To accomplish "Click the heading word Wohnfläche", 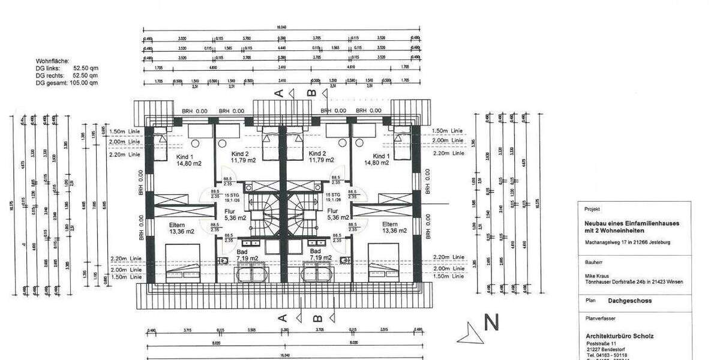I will pyautogui.click(x=53, y=61).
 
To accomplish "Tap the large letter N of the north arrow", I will pyautogui.click(x=491, y=323).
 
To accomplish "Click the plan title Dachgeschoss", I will pyautogui.click(x=629, y=301).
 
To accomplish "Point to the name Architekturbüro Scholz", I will pyautogui.click(x=619, y=335).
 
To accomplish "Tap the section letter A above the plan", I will pyautogui.click(x=278, y=92).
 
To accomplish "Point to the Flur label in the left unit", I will pyautogui.click(x=231, y=211).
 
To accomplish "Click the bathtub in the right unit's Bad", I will pyautogui.click(x=316, y=274).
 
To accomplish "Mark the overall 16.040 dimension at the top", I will pyautogui.click(x=280, y=28).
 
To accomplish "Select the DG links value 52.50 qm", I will pyautogui.click(x=86, y=68).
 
